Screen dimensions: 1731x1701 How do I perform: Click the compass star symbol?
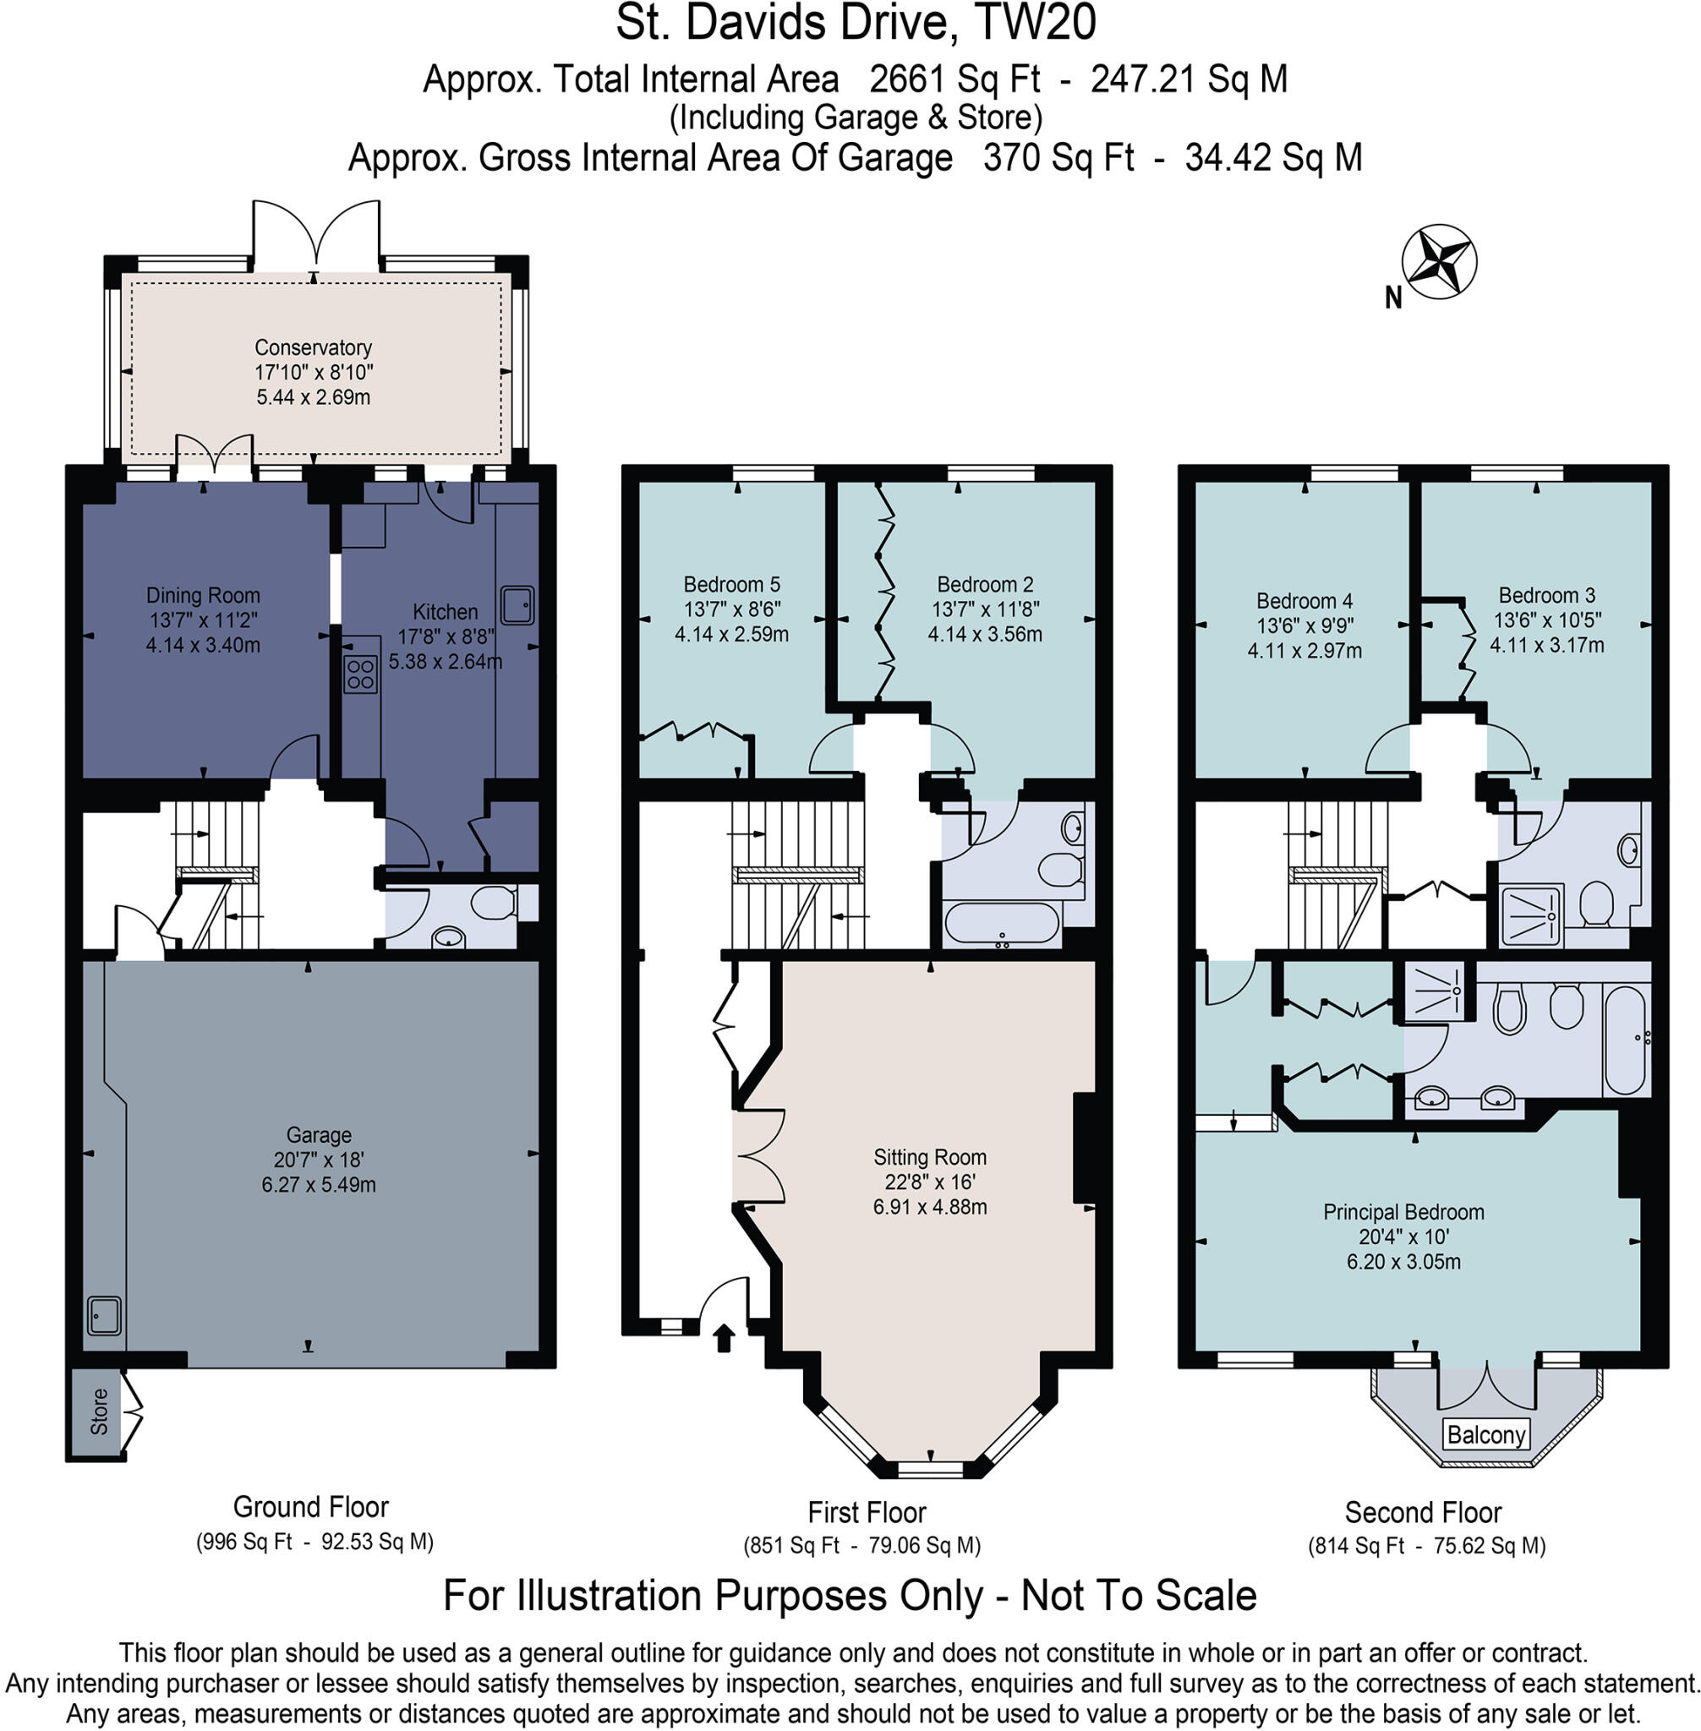(1438, 262)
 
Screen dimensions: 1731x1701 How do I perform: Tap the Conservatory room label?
(313, 347)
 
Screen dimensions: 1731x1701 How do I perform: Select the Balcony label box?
(1485, 1434)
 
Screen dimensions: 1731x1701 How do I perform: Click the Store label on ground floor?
(98, 1412)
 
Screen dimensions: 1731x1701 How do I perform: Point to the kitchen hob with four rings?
(361, 674)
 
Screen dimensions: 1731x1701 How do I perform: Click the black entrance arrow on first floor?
(724, 1337)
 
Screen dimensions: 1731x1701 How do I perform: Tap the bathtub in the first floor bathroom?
(1002, 923)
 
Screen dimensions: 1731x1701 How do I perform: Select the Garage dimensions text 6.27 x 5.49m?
(319, 1184)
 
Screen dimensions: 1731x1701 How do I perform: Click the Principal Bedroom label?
(1403, 1212)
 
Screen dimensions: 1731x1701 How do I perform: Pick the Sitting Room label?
(929, 1157)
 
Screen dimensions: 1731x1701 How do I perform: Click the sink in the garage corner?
(105, 1316)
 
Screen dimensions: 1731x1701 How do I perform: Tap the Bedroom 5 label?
(730, 584)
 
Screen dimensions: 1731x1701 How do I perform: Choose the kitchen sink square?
(517, 604)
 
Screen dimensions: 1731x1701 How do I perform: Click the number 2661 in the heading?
(906, 79)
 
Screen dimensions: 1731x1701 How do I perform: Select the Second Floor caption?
(1422, 1512)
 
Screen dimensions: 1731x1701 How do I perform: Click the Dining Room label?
(203, 595)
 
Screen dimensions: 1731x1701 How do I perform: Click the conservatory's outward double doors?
(315, 234)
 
